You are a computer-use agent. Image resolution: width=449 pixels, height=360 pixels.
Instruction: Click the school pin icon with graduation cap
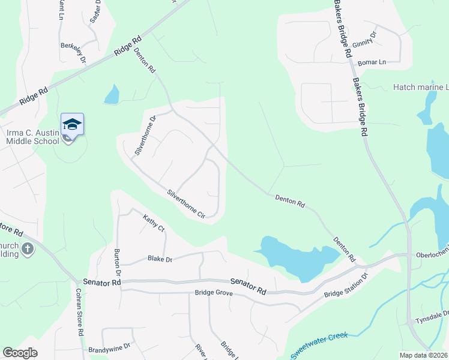click(x=72, y=124)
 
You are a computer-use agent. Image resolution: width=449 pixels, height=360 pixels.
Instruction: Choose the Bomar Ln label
click(x=371, y=62)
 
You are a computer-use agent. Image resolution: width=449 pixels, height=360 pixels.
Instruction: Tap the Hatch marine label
click(x=420, y=88)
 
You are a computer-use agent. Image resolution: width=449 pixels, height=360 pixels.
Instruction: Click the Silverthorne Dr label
click(x=145, y=135)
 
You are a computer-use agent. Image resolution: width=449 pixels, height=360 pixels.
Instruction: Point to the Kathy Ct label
click(x=154, y=223)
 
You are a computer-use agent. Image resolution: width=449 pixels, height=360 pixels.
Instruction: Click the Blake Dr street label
click(x=160, y=259)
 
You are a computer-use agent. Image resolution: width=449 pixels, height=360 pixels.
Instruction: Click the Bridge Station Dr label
click(x=345, y=286)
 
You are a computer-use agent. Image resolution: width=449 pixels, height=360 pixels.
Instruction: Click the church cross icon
click(x=28, y=248)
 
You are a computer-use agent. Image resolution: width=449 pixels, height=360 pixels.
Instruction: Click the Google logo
click(x=20, y=353)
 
